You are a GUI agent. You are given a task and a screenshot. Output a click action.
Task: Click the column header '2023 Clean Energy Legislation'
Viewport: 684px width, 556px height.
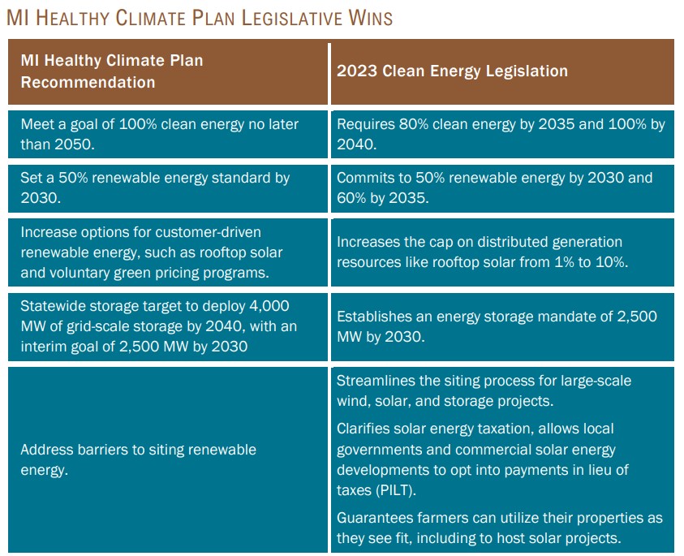pyautogui.click(x=452, y=71)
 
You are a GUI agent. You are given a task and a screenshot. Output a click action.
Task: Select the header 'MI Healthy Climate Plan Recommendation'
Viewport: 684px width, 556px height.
pyautogui.click(x=112, y=71)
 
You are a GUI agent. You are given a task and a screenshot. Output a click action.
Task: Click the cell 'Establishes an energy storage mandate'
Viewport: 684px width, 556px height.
pyautogui.click(x=497, y=325)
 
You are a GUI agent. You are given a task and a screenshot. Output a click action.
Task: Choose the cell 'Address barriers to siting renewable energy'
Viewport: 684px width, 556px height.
pyautogui.click(x=138, y=459)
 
